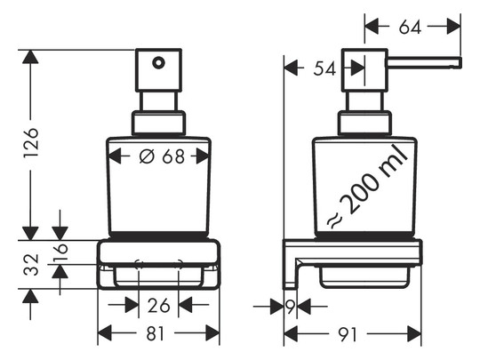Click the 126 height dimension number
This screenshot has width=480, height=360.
[31, 143]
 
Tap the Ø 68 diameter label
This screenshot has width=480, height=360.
[162, 156]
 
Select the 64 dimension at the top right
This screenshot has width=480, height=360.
[410, 27]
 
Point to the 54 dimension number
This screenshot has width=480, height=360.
[324, 68]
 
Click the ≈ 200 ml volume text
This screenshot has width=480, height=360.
[367, 188]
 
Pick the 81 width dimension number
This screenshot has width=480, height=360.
[156, 333]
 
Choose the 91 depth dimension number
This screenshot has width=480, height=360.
[348, 334]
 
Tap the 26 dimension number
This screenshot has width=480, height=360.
[158, 306]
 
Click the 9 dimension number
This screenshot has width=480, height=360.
[291, 306]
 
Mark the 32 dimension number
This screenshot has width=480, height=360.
[31, 265]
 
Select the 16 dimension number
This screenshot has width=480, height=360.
[60, 252]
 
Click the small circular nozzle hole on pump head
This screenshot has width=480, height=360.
[158, 63]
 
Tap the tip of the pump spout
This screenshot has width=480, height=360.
[460, 62]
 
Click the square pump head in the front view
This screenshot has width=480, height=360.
[158, 70]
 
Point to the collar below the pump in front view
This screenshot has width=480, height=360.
[158, 123]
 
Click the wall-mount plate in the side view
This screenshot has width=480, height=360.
[289, 265]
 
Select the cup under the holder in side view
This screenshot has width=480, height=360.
[364, 277]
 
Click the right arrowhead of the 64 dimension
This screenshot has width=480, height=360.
[453, 27]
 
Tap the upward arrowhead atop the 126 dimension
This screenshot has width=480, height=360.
[30, 57]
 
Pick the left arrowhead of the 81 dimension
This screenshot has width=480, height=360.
[105, 333]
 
